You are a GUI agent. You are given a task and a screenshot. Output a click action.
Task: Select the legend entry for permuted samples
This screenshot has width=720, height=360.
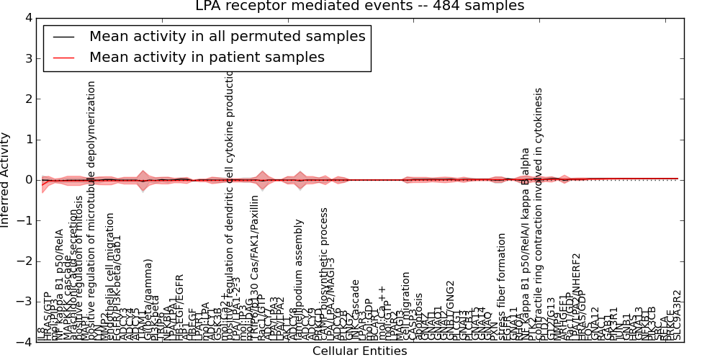[227, 36]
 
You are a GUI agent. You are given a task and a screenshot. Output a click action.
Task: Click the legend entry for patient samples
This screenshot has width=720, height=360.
[207, 57]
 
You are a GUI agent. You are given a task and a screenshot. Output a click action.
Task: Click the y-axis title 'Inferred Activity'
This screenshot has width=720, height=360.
[6, 180]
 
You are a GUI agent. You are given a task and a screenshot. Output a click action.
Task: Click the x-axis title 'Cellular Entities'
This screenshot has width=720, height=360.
[359, 351]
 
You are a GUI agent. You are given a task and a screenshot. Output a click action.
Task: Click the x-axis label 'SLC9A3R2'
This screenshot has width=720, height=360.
[676, 315]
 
